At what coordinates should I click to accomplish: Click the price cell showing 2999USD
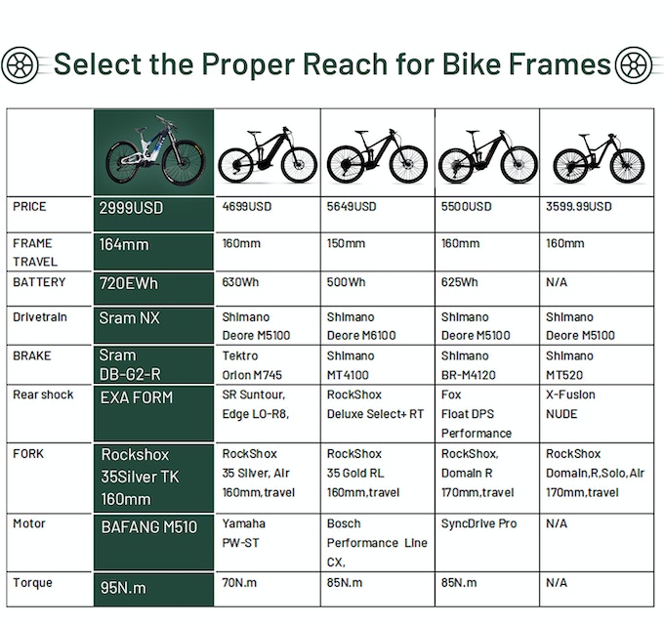point(131,208)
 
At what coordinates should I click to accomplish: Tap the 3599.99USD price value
point(579,207)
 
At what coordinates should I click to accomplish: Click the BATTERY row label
point(40,282)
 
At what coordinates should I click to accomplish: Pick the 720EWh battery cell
point(130,283)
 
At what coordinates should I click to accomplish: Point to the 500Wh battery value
point(347,283)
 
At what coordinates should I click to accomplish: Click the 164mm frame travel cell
point(124,245)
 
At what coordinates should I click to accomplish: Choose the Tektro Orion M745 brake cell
point(253,365)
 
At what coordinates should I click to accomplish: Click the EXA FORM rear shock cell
point(137,397)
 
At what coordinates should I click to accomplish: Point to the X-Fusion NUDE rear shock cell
point(570,404)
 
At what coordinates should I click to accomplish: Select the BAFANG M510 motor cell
point(149,527)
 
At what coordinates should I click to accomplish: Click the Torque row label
point(33,583)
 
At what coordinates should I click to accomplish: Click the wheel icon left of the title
point(21,65)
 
